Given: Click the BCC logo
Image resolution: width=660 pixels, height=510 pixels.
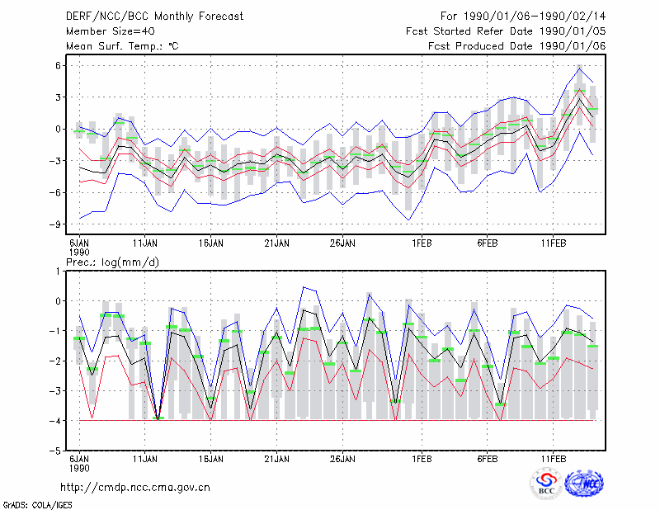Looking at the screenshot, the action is (546, 484).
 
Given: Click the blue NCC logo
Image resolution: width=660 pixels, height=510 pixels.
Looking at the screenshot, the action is (584, 484).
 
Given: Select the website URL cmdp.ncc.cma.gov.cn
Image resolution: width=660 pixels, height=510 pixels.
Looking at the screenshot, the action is (135, 488).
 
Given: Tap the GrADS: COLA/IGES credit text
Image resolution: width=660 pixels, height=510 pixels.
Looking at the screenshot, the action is (37, 505).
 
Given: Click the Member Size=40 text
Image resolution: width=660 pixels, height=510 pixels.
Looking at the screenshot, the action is (111, 31).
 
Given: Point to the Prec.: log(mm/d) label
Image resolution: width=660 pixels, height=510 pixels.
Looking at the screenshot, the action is (112, 262).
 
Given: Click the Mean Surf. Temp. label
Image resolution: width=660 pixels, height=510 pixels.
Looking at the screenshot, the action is (122, 46).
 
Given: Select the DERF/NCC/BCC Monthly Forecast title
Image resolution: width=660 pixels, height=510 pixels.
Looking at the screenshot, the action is (154, 17).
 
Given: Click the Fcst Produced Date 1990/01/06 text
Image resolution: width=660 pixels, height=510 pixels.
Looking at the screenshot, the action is (517, 46).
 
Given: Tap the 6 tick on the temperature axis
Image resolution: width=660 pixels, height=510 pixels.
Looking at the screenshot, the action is (58, 65).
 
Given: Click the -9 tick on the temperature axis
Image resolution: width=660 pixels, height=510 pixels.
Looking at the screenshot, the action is (55, 224).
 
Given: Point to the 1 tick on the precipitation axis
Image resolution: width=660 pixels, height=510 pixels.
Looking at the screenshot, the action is (58, 272).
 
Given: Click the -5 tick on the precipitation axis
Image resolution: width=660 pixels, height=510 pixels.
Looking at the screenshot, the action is (55, 451).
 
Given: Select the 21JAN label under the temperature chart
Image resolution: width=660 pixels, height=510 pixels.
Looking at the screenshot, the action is (276, 243).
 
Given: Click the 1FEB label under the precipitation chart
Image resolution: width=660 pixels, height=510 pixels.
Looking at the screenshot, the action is (422, 459).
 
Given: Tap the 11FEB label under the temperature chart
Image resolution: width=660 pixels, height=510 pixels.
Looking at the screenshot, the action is (553, 243).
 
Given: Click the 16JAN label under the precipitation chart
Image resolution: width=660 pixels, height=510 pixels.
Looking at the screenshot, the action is (211, 459).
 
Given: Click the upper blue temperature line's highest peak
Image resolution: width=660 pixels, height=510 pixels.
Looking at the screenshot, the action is (580, 68).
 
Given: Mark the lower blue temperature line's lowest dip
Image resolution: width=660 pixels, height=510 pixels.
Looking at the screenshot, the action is (408, 220).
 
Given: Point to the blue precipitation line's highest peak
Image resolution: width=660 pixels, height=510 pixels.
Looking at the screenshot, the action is (304, 287).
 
